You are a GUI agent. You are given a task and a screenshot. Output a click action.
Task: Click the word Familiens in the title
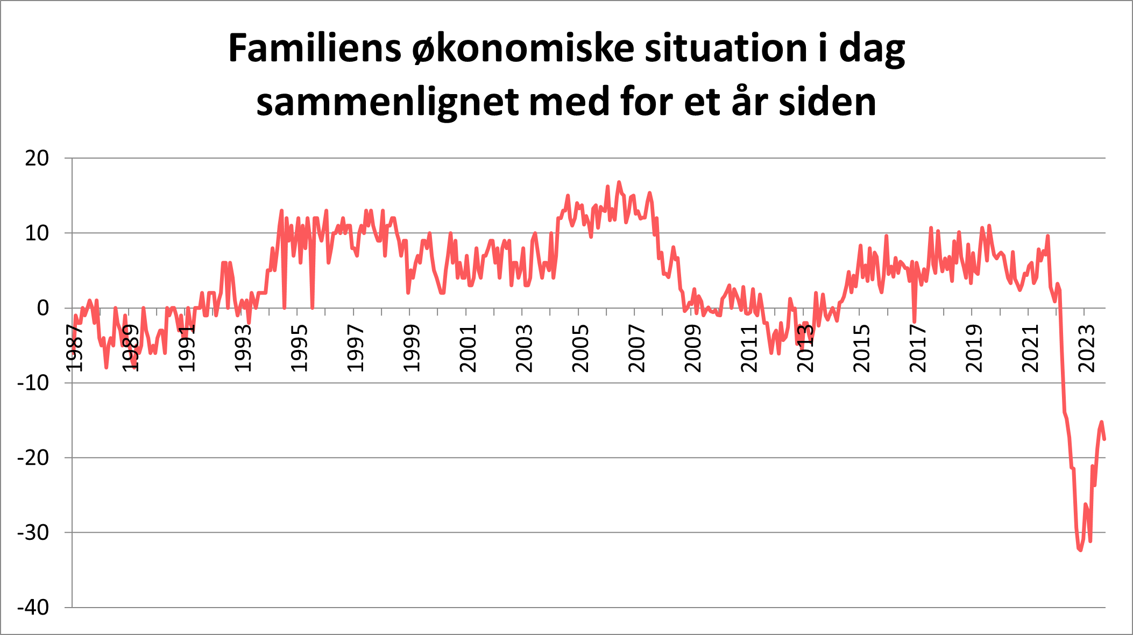click(315, 48)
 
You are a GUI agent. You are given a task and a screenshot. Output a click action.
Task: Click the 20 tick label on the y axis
click(37, 158)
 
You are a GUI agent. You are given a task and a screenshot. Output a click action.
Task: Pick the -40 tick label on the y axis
click(33, 608)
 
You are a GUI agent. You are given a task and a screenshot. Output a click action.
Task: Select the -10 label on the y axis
click(33, 383)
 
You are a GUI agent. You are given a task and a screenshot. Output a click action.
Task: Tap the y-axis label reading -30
click(33, 533)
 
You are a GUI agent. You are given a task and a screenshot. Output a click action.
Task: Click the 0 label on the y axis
click(43, 308)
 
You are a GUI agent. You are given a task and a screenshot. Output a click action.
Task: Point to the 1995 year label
click(299, 348)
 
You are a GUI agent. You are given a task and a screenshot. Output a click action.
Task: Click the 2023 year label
click(1086, 348)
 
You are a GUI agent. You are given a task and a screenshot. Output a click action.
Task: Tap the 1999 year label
click(411, 348)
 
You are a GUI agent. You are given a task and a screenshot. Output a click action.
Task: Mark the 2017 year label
click(917, 348)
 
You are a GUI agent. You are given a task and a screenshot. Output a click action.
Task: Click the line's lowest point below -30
click(1080, 550)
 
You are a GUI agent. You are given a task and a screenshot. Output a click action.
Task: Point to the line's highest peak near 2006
click(619, 182)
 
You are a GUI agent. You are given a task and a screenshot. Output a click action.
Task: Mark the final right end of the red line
click(1104, 439)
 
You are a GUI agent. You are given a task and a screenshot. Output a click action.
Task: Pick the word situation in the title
click(726, 48)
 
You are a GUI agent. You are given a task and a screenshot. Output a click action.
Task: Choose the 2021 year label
click(1030, 348)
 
